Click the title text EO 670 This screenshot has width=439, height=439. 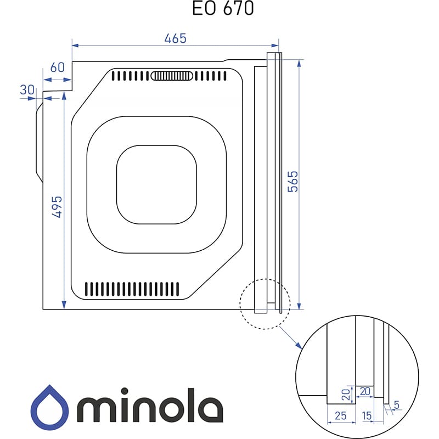pos(223,9)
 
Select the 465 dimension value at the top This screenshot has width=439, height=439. pos(176,38)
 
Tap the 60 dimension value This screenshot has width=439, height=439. pos(58,67)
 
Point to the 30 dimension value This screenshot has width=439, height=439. pos(27,89)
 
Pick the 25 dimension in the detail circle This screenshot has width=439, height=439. pos(340,416)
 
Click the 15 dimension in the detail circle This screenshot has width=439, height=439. pos(367,416)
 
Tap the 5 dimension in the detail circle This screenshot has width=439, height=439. pos(397,406)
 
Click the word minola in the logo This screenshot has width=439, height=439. pos(150,405)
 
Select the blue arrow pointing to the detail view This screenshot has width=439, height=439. pos(291,337)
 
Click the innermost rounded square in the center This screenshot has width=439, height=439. pos(156,184)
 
